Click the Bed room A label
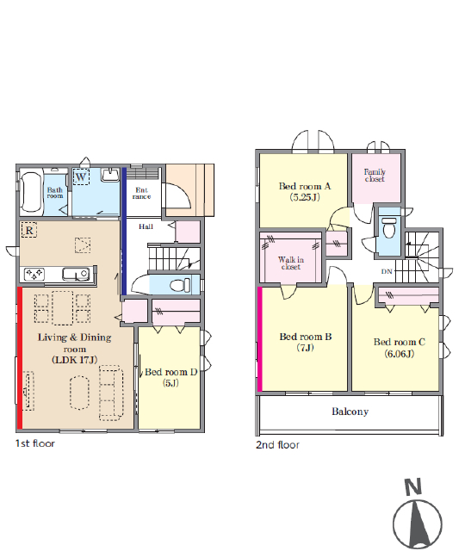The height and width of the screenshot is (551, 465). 305,191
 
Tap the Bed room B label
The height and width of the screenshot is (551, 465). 306,342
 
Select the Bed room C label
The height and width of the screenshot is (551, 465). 400,348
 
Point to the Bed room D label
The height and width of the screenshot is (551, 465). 170,377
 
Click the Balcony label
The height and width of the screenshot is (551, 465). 350,412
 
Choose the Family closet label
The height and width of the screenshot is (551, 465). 375,176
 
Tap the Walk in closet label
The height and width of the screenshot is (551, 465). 291,263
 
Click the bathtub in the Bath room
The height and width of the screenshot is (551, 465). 31,192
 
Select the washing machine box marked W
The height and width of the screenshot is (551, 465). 81,176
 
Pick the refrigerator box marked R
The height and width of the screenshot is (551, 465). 29,230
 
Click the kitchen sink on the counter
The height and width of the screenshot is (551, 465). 75,274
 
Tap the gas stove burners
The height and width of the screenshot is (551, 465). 34,274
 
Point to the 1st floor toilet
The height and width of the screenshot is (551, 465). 180,285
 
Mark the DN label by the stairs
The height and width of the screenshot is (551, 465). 387,271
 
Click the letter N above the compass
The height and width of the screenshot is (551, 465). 413,487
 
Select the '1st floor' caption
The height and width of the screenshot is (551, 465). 35,443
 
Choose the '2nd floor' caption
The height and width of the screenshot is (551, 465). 277,445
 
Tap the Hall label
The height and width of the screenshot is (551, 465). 146,226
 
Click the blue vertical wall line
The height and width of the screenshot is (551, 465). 124,232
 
